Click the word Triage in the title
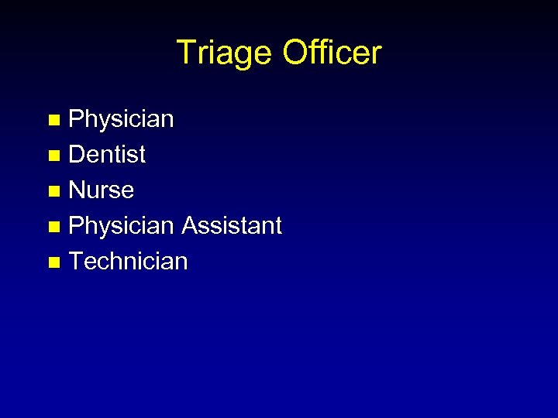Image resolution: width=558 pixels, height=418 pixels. tap(225, 53)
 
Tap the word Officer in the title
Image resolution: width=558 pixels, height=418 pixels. tap(332, 53)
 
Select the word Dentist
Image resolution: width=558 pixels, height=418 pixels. tap(107, 155)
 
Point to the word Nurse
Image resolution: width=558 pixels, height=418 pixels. tap(102, 190)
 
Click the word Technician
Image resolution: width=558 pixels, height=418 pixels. tap(129, 262)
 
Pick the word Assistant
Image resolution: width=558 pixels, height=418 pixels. tap(232, 226)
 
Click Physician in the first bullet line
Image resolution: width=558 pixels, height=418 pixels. tap(122, 119)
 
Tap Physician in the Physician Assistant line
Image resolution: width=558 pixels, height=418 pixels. tap(122, 226)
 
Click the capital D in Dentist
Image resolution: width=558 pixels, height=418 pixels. tap(77, 155)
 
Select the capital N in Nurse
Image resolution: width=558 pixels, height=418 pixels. tap(77, 190)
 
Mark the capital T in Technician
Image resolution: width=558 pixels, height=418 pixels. tap(76, 262)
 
